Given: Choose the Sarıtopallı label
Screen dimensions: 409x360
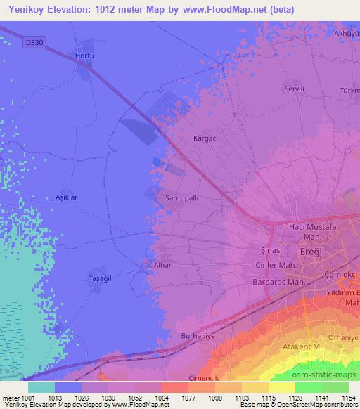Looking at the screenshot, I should point(181,199).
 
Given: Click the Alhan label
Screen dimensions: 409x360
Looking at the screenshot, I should point(163,265).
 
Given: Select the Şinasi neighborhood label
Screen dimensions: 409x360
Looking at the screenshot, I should point(271,249).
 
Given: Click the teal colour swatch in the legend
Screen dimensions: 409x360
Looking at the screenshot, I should point(41,387).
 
